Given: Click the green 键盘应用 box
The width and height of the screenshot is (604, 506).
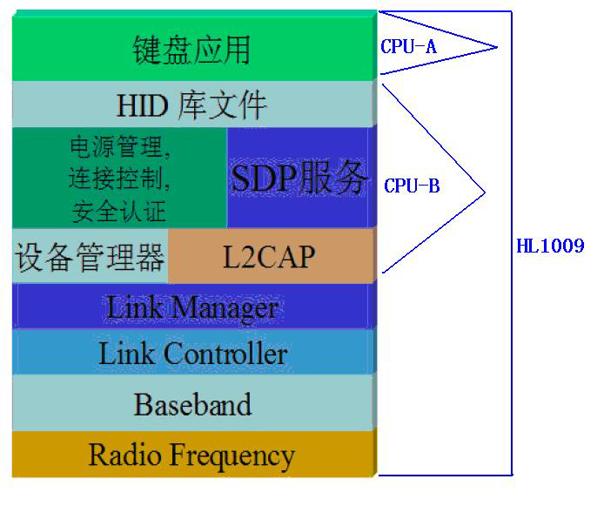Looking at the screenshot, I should pos(192,48).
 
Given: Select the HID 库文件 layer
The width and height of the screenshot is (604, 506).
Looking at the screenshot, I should pos(192,105).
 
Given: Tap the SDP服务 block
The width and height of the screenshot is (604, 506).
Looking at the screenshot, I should pos(299,179).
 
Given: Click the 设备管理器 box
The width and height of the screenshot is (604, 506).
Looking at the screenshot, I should pos(90,257).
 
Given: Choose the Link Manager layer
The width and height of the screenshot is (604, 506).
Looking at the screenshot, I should pos(192,307).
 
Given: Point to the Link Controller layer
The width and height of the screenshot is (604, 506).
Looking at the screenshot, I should pos(192,353).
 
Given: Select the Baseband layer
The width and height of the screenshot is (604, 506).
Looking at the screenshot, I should pos(192,404).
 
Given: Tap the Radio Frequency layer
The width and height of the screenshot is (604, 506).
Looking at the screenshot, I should pos(192,455).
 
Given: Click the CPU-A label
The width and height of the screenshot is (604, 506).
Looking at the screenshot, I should pos(408,47).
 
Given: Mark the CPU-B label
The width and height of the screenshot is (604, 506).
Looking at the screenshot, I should pos(412,186).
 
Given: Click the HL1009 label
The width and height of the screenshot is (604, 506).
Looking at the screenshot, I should pos(550,246).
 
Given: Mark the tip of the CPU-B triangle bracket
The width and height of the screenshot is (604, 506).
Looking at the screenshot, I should pos(484,186).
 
